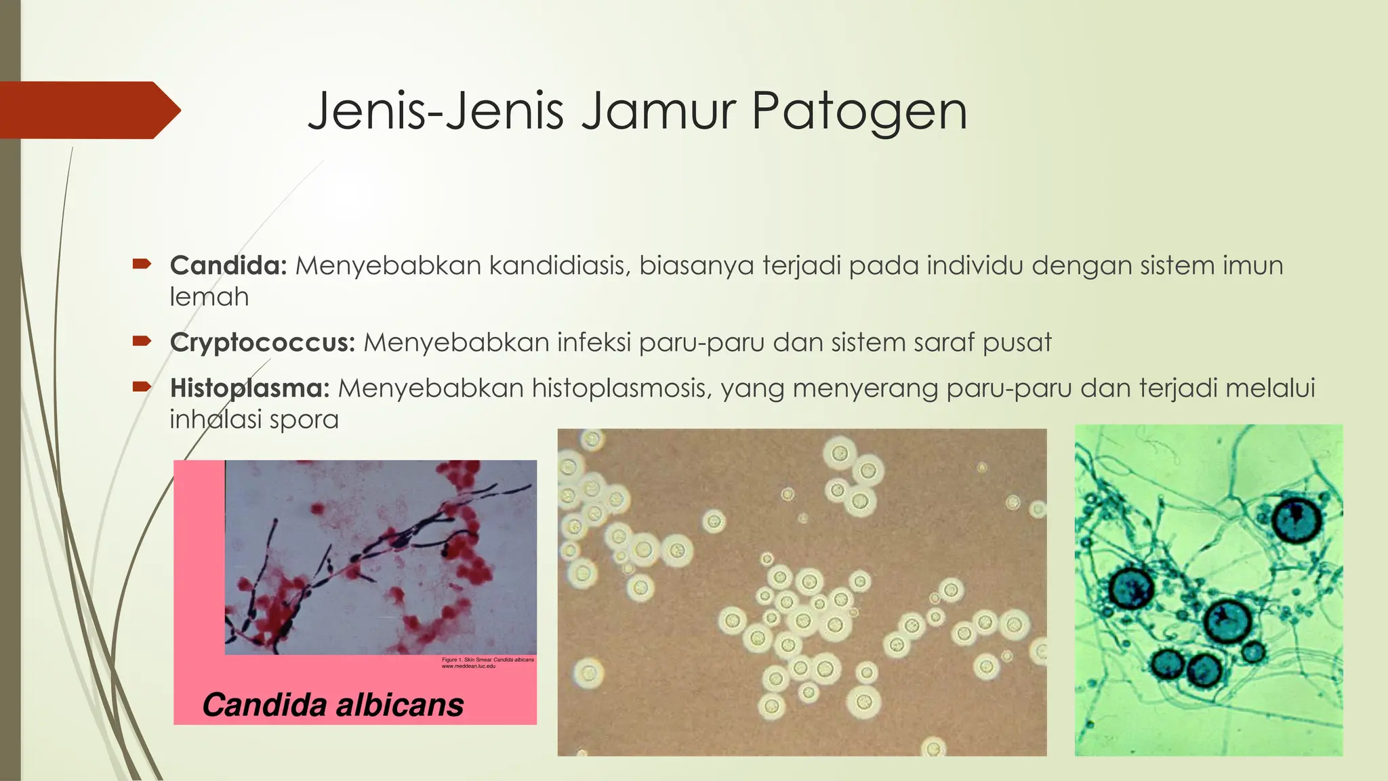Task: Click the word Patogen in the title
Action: (x=859, y=112)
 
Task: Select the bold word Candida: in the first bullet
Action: (x=229, y=265)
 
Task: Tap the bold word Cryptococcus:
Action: (x=262, y=342)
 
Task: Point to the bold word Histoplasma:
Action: (x=249, y=388)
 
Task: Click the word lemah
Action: (x=209, y=297)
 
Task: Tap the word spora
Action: (x=304, y=420)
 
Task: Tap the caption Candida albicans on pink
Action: (x=333, y=705)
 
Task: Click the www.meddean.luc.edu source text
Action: (x=468, y=666)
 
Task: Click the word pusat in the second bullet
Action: (x=1017, y=342)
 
